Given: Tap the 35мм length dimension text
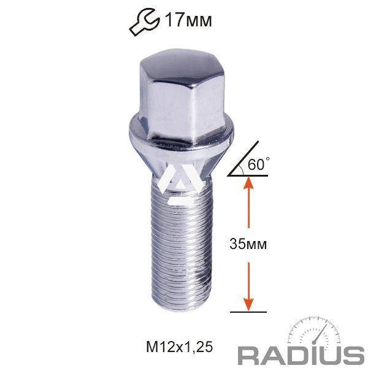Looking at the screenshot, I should (248, 243).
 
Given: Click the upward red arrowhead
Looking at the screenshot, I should (248, 184).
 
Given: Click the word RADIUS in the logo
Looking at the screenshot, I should (301, 355).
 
